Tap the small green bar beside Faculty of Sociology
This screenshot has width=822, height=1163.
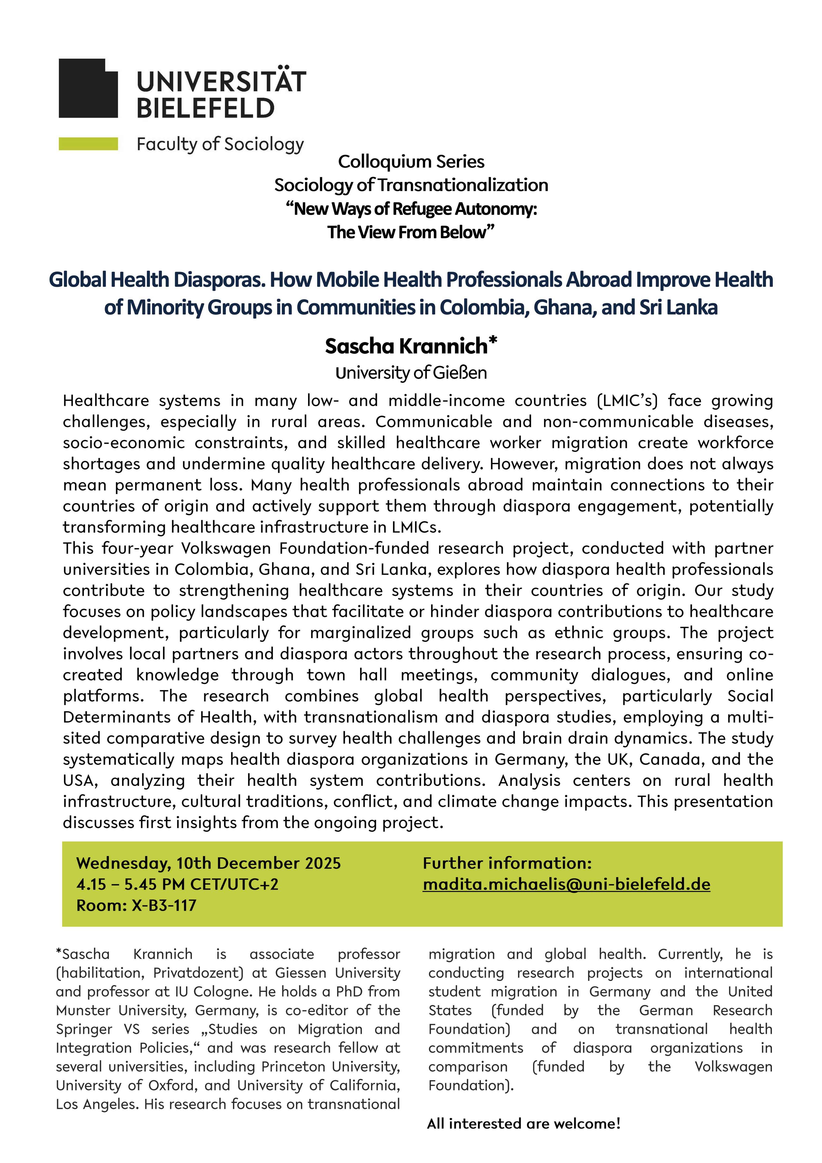[88, 144]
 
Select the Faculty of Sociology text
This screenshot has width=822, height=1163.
[220, 144]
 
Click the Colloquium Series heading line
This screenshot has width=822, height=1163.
[411, 162]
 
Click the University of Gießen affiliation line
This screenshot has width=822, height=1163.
[411, 373]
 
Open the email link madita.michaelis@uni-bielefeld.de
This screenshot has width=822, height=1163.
[566, 884]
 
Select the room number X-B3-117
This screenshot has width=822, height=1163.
[164, 905]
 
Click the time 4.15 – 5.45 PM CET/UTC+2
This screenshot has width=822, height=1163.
[177, 884]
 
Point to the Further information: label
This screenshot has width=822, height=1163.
[507, 863]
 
